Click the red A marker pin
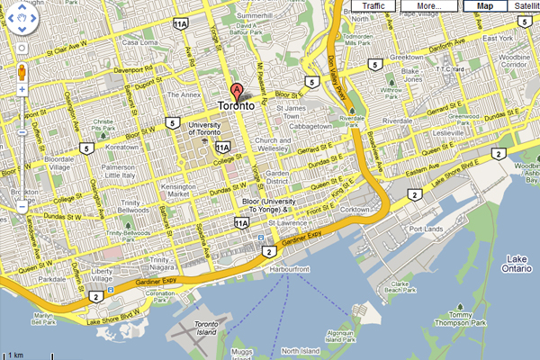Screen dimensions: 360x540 click(238, 91)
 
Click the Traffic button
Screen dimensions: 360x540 click(373, 5)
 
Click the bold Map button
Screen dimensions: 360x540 click(485, 5)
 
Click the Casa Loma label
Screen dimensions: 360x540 click(139, 41)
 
